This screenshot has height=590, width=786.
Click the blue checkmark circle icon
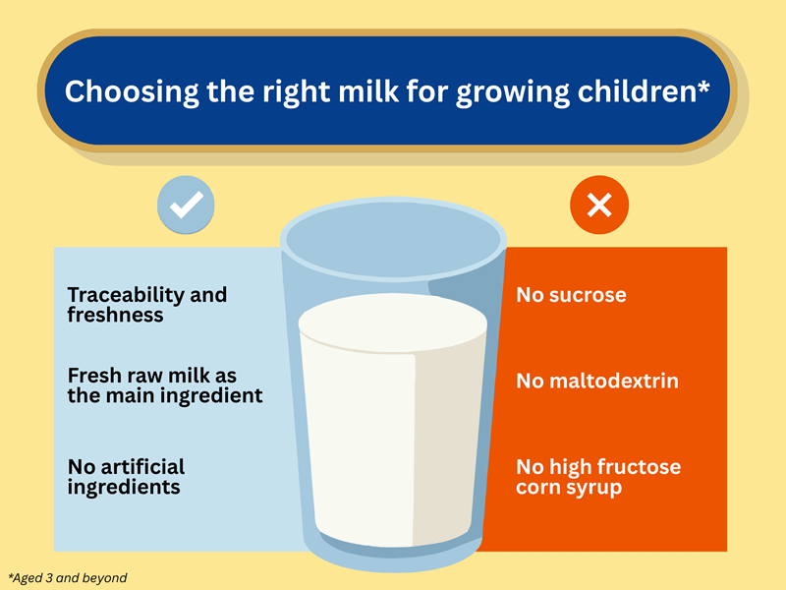[187, 205]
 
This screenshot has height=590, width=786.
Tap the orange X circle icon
[599, 205]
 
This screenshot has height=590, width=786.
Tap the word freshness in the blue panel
[115, 316]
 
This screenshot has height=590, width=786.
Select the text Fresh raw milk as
[152, 377]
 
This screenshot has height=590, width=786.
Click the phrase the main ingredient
[165, 397]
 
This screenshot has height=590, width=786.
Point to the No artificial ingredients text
[126, 476]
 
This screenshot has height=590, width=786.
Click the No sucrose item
[571, 295]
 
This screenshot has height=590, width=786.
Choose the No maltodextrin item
[597, 381]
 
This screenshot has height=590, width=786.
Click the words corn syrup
[569, 488]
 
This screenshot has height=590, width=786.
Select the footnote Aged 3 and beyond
[68, 578]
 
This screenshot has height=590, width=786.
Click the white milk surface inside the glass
[393, 325]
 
